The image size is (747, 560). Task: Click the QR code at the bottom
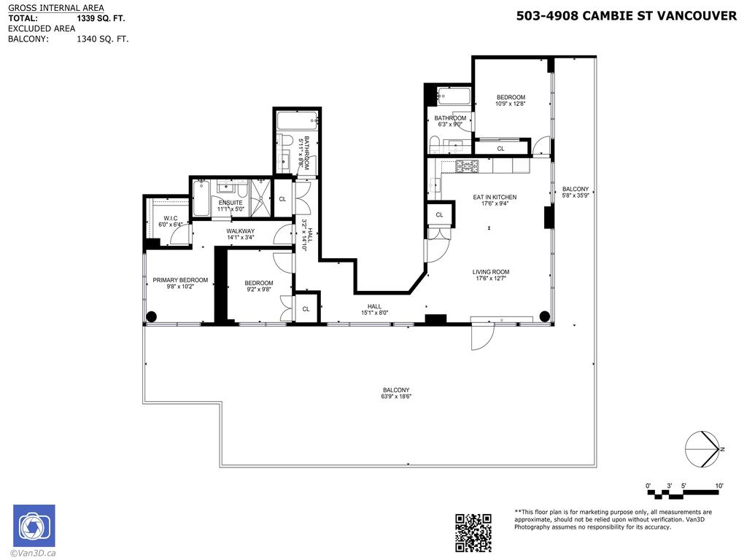click(473, 532)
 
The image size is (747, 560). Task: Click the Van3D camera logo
click(34, 526)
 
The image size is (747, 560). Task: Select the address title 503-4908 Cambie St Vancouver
click(626, 15)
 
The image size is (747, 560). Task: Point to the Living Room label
click(491, 272)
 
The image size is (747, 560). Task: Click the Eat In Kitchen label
click(495, 197)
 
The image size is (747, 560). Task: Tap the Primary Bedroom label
click(180, 280)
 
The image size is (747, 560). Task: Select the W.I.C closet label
click(171, 218)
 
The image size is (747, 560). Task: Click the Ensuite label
click(230, 203)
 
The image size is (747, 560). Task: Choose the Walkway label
click(240, 231)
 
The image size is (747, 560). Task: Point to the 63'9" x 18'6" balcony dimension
click(395, 397)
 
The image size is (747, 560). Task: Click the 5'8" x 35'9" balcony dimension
click(575, 195)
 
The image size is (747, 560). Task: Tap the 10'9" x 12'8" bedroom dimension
click(511, 104)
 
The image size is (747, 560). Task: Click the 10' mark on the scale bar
click(719, 486)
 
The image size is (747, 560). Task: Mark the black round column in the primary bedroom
click(152, 316)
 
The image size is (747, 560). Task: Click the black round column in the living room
click(544, 316)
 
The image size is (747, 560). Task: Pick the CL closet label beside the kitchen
click(439, 215)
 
